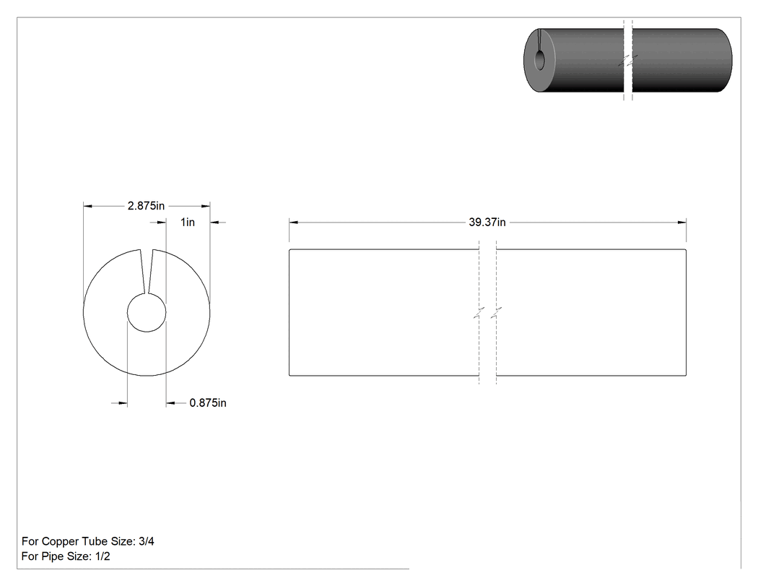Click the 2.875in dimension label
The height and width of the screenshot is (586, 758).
[x=146, y=206]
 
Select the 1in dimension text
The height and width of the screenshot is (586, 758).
[x=188, y=222]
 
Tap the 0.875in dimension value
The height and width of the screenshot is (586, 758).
[x=208, y=402]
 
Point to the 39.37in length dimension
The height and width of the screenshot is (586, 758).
[x=487, y=222]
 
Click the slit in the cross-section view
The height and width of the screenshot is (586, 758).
[x=147, y=272]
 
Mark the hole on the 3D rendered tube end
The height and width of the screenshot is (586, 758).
[x=539, y=60]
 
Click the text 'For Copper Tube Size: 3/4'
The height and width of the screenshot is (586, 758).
[x=88, y=541]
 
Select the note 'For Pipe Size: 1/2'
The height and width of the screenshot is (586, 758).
[x=66, y=556]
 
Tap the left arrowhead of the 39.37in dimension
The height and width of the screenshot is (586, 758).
[x=293, y=222]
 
